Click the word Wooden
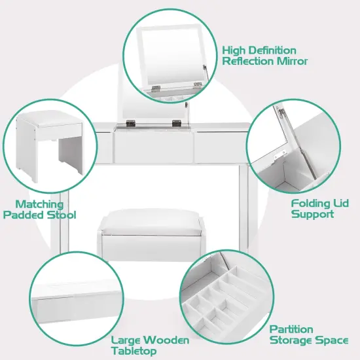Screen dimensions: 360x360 pos(168,340)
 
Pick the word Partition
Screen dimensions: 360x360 pos(292,329)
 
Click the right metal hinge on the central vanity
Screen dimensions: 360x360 pos(176,122)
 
